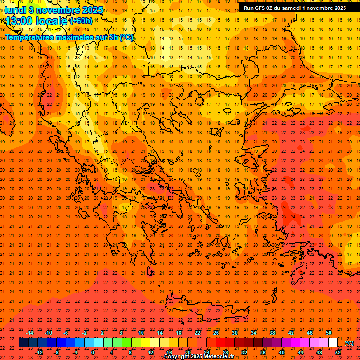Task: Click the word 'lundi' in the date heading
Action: pyautogui.click(x=15, y=9)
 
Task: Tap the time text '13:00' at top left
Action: pyautogui.click(x=20, y=21)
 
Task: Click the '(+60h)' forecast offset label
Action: pyautogui.click(x=81, y=21)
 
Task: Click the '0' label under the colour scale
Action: pyautogui.click(x=93, y=352)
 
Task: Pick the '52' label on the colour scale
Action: pyautogui.click(x=338, y=352)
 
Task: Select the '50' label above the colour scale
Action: pyautogui.click(x=329, y=333)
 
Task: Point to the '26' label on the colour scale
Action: pyautogui.click(x=216, y=333)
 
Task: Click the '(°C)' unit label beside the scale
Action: pyautogui.click(x=349, y=343)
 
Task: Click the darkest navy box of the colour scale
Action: pyautogui.click(x=23, y=343)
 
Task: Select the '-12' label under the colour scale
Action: pyautogui.click(x=39, y=352)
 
